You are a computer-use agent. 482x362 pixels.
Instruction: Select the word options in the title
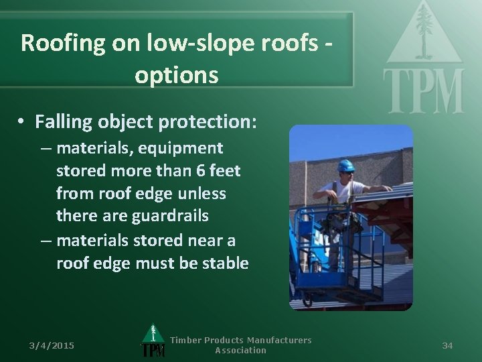point(176,74)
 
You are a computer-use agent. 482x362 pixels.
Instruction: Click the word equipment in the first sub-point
point(189,147)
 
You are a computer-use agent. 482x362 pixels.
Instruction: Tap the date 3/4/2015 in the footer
point(52,345)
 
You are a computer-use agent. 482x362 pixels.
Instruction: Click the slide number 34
point(448,345)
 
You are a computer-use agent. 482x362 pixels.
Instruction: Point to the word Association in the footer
point(240,351)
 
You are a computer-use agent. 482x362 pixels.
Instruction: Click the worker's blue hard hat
point(346,165)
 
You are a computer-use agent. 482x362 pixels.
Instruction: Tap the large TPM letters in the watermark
point(423,92)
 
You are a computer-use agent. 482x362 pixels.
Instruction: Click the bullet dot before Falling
point(22,123)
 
